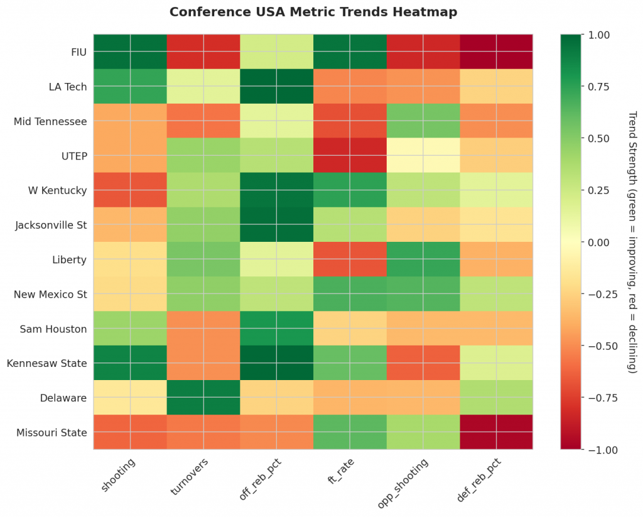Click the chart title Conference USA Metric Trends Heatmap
[x=313, y=12]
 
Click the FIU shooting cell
[x=131, y=51]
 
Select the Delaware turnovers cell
[x=203, y=398]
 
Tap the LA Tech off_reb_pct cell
[x=277, y=85]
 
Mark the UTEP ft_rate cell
[x=350, y=155]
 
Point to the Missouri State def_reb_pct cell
[x=496, y=432]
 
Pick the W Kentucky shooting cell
[x=131, y=190]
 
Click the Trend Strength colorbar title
[x=632, y=242]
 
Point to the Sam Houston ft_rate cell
[x=350, y=329]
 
